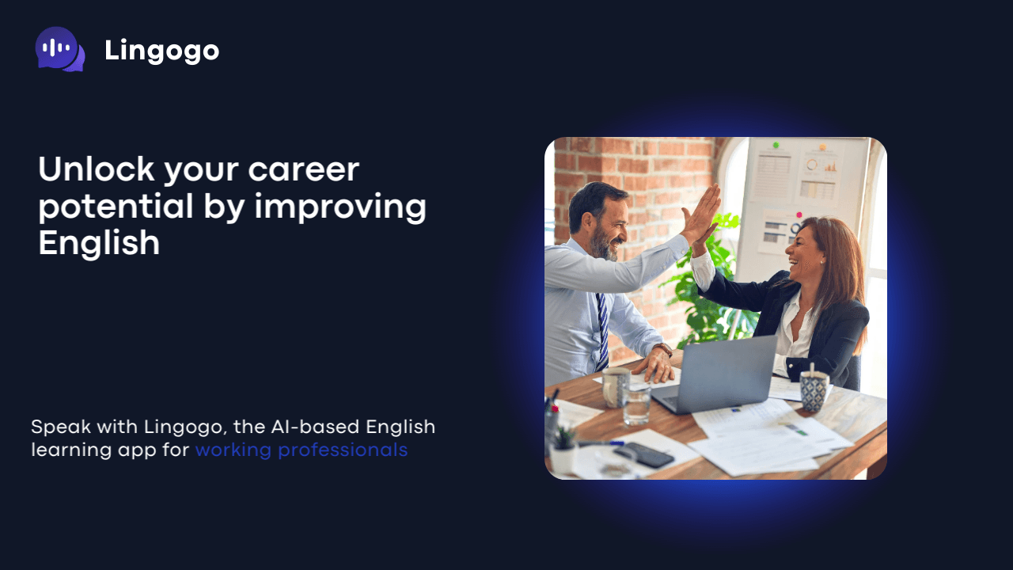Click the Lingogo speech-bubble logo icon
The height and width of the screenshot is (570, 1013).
tap(59, 49)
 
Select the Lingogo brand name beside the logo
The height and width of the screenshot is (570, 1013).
tap(161, 51)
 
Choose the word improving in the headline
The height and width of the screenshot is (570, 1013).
tap(340, 207)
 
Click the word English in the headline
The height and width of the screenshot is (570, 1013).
tap(99, 243)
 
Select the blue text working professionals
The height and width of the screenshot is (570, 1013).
tap(302, 450)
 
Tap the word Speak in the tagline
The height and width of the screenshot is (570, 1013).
tap(60, 427)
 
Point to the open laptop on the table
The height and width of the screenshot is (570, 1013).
tap(717, 373)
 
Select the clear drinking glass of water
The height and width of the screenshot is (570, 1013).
tap(636, 403)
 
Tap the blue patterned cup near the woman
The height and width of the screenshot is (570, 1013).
tap(814, 390)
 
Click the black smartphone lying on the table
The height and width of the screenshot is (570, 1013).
tap(644, 454)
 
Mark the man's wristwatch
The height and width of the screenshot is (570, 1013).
tap(663, 349)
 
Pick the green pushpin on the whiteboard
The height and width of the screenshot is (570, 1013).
tap(776, 146)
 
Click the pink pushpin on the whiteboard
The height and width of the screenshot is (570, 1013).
tap(799, 215)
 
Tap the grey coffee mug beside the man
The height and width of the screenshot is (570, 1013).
tap(616, 386)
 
